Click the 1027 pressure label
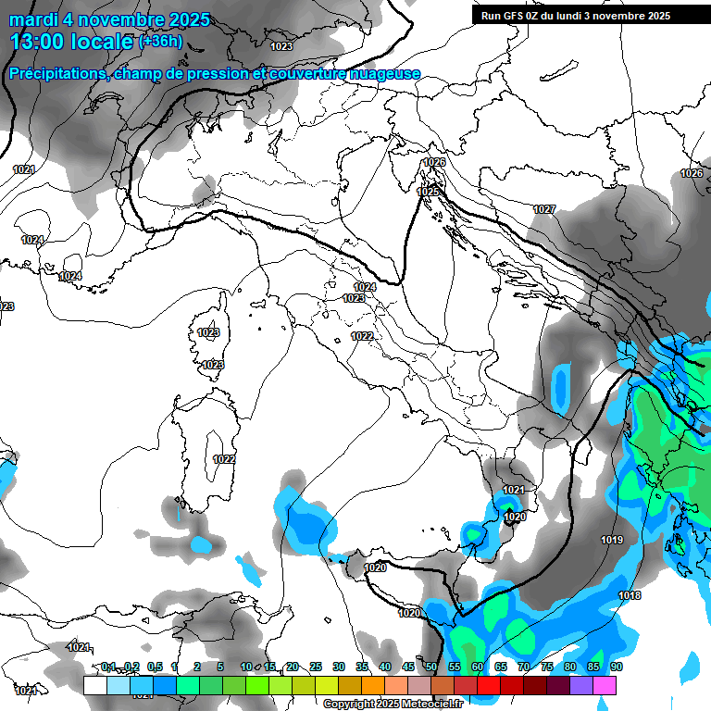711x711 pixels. [x=544, y=210]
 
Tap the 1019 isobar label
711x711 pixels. [x=612, y=541]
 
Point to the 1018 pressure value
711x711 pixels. [x=630, y=596]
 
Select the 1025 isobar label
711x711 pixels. [x=428, y=192]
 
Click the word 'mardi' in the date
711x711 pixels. [x=34, y=19]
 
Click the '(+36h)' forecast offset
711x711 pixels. [x=160, y=42]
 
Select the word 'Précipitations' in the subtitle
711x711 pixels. [x=57, y=74]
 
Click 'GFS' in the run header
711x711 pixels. [x=517, y=16]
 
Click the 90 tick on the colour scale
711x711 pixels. [x=616, y=667]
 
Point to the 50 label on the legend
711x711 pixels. [x=430, y=667]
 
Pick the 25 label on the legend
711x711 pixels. [x=315, y=667]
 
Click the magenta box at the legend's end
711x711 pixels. [x=605, y=685]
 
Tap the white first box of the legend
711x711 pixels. [x=94, y=685]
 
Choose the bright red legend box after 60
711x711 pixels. [x=489, y=685]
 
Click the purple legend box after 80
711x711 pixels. [x=581, y=685]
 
